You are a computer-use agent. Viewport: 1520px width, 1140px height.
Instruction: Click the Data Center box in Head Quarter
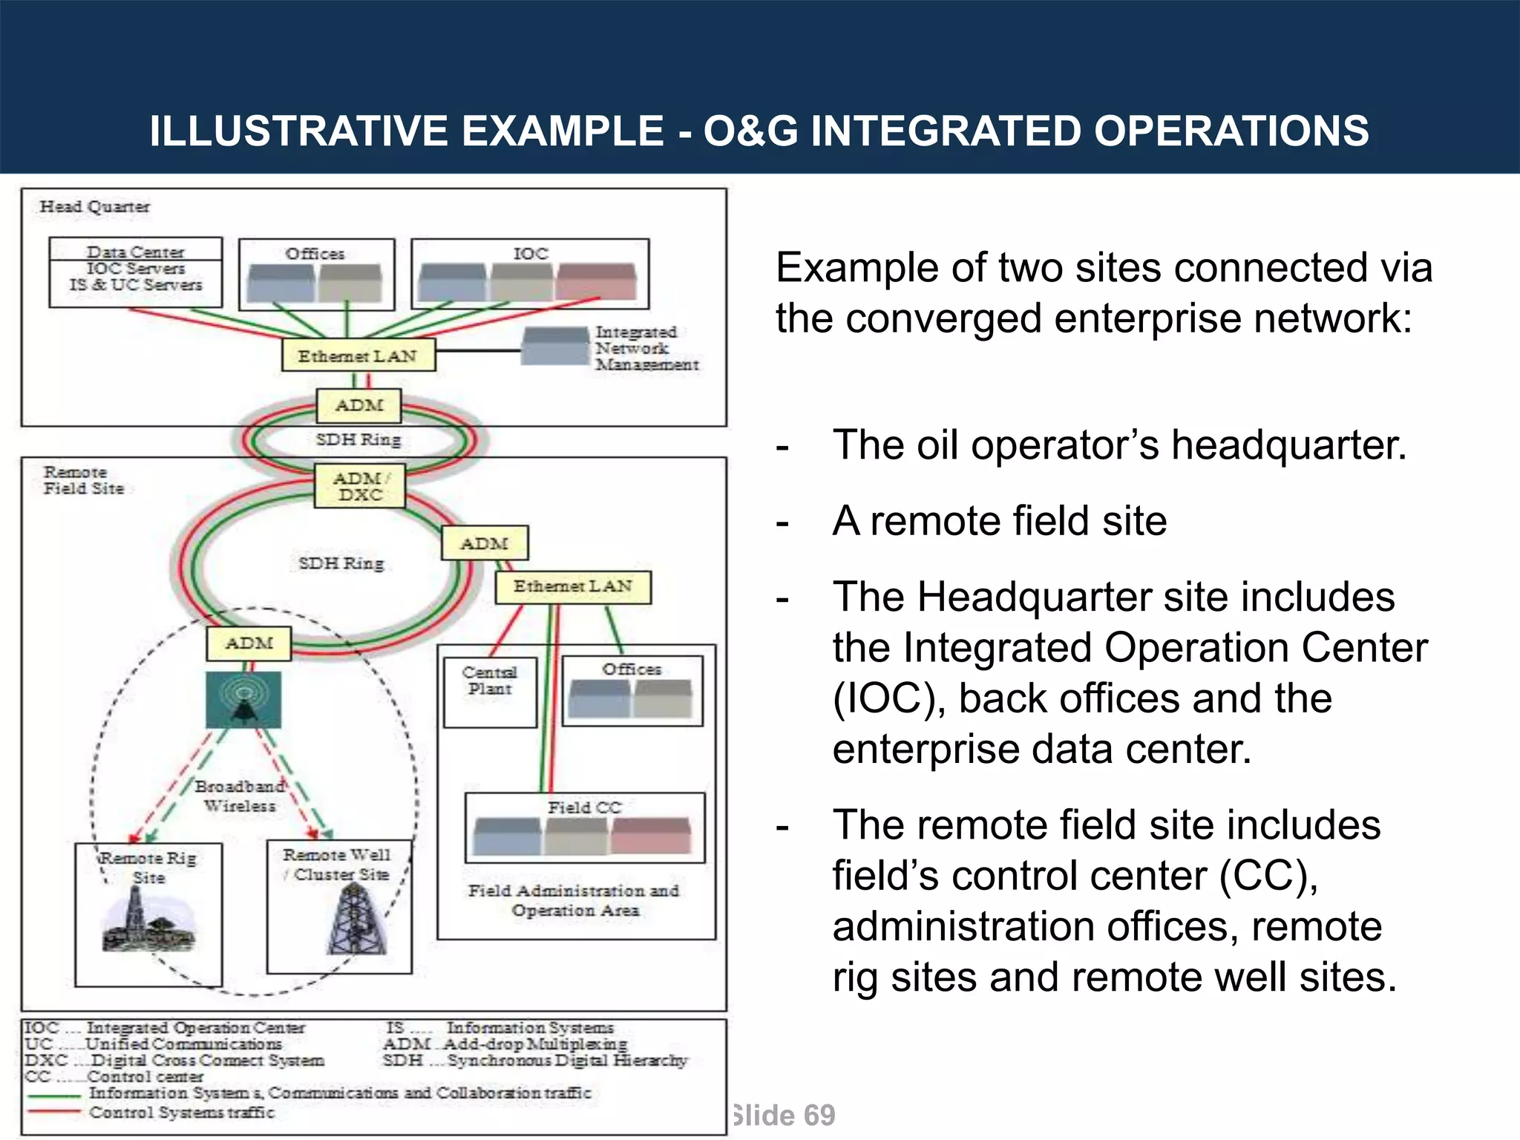coord(135,272)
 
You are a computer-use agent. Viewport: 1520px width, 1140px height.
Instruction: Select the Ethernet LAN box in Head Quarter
coord(358,356)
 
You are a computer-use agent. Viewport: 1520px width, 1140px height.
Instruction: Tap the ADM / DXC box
coord(360,487)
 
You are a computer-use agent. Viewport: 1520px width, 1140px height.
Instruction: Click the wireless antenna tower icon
coord(243,700)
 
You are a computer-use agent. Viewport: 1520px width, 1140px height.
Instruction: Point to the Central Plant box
coord(490,691)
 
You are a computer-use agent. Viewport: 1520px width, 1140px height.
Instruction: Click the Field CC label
coord(585,807)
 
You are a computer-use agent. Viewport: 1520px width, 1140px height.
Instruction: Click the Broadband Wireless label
coord(240,796)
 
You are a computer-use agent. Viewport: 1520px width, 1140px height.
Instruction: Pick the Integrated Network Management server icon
coord(554,347)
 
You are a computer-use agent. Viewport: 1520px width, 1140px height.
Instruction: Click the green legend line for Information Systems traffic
coord(53,1095)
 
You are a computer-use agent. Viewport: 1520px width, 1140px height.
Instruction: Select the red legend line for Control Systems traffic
coord(53,1112)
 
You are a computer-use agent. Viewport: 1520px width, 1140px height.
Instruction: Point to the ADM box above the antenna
coord(249,643)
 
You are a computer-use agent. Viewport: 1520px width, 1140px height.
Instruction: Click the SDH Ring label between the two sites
coord(358,439)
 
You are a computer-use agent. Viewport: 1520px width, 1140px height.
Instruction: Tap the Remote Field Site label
coord(82,480)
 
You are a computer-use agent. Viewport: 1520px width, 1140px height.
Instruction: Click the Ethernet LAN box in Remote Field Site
coord(573,587)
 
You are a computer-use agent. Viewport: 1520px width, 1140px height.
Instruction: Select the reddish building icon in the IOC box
coord(596,281)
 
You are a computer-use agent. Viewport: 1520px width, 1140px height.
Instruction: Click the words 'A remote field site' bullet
coord(999,521)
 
